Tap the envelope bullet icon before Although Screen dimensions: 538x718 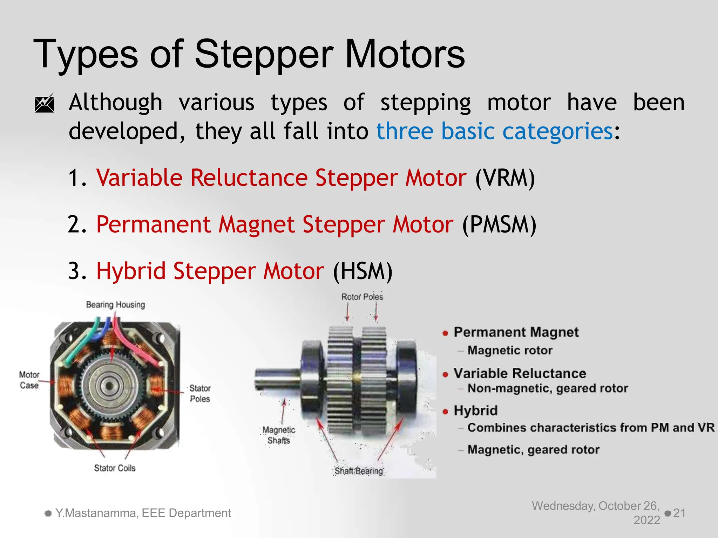click(x=45, y=103)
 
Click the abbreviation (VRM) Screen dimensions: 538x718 click(x=505, y=178)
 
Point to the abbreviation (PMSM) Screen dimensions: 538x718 click(x=499, y=225)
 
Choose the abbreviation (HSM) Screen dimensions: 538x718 click(x=363, y=271)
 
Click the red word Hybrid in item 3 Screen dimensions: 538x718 click(x=131, y=271)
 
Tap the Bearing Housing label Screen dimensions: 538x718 click(x=115, y=305)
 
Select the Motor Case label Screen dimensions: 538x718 click(x=29, y=380)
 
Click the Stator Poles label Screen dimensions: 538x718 click(x=200, y=393)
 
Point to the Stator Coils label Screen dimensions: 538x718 click(x=115, y=468)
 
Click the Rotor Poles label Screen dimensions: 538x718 click(x=362, y=297)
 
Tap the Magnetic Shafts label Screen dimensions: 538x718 click(x=279, y=435)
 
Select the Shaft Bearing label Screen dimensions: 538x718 click(x=358, y=471)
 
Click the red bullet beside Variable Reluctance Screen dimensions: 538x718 click(x=445, y=374)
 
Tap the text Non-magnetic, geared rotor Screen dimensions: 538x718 click(x=547, y=388)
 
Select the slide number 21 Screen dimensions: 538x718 click(x=679, y=513)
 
